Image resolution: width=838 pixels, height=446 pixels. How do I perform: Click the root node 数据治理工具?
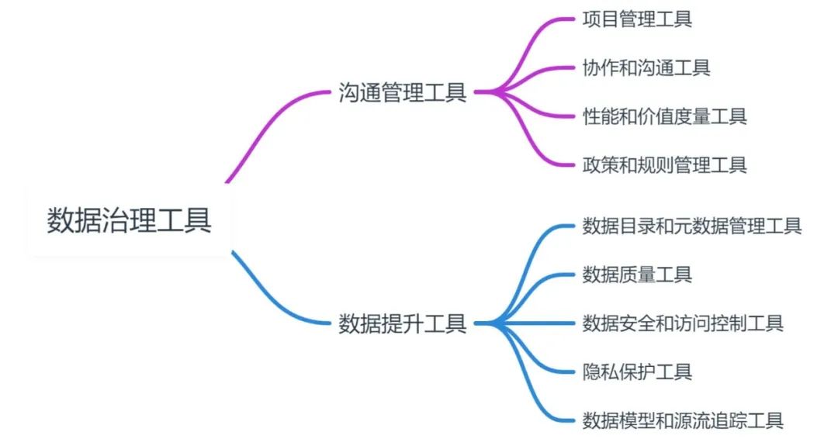click(129, 220)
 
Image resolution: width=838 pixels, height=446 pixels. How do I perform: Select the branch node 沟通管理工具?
click(403, 92)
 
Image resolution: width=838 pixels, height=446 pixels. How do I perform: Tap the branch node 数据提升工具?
click(403, 323)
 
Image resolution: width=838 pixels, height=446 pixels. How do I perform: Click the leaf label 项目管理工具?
click(637, 19)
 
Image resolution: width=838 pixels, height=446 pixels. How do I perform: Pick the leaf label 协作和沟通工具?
click(646, 67)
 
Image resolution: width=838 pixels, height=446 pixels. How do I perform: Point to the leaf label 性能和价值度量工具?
click(664, 116)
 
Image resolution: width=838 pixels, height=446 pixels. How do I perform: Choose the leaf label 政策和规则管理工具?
click(664, 164)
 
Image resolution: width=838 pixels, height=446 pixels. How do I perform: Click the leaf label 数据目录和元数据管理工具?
click(691, 226)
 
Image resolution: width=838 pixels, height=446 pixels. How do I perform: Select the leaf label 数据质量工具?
click(637, 274)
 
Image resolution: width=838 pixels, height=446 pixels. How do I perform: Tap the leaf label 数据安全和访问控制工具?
click(683, 323)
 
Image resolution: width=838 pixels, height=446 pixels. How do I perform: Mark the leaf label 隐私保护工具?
click(637, 372)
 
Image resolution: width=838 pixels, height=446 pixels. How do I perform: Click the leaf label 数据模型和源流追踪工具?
click(683, 420)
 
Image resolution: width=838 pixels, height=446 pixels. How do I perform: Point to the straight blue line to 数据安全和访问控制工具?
click(535, 323)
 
